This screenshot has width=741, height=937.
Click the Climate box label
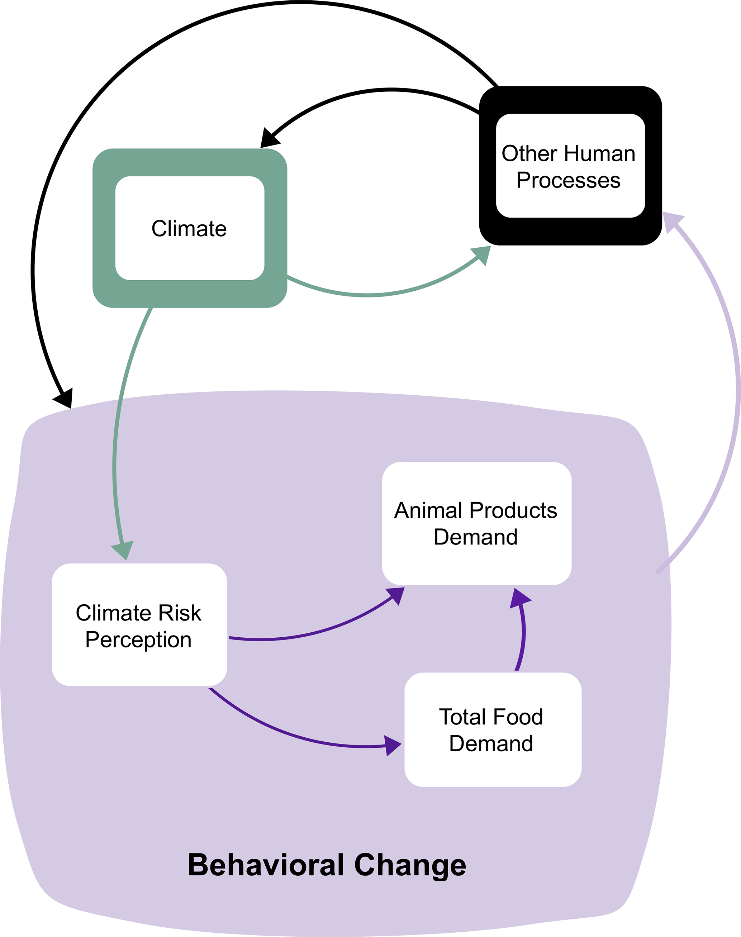[x=189, y=229]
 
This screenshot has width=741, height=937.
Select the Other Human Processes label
[x=568, y=167]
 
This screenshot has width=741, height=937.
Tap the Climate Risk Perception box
[x=139, y=625]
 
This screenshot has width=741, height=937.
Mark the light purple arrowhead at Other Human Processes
[x=672, y=221]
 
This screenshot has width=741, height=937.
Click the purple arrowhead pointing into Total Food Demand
[x=392, y=746]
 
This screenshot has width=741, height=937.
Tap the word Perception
[x=138, y=640]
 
